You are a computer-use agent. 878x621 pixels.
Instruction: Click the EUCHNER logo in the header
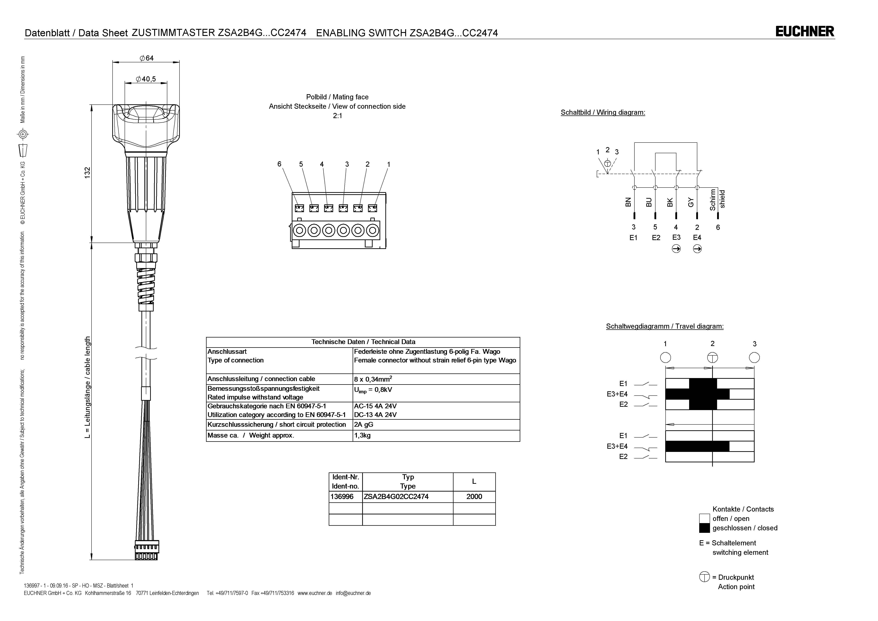click(x=805, y=31)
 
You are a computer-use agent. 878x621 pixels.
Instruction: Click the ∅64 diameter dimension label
click(x=146, y=58)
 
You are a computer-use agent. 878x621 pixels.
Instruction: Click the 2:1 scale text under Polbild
click(x=337, y=116)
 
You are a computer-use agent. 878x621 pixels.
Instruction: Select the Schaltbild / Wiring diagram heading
click(x=603, y=112)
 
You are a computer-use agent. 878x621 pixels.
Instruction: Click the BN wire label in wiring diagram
click(x=628, y=202)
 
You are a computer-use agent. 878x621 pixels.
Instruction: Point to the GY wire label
click(x=691, y=202)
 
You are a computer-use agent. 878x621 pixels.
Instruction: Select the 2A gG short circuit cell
click(x=364, y=424)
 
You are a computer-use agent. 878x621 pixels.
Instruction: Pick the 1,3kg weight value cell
click(x=363, y=435)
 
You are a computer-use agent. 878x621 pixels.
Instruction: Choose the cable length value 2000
click(x=474, y=497)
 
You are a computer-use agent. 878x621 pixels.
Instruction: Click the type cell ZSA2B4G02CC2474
click(x=396, y=497)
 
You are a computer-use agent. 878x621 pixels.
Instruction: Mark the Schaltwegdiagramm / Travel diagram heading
click(x=665, y=326)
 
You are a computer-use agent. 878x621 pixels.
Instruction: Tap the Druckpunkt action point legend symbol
click(x=704, y=577)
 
